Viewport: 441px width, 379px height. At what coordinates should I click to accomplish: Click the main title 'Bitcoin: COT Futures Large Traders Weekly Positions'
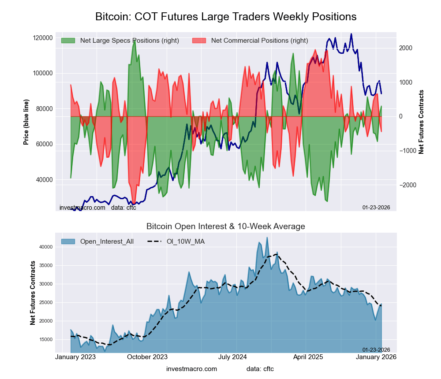coord(226,17)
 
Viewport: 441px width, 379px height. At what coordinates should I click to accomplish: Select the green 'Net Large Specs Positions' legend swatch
coord(68,41)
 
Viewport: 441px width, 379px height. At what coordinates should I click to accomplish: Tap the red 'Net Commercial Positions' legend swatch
coord(199,41)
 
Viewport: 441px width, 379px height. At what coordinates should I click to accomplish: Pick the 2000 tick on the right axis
coord(407,48)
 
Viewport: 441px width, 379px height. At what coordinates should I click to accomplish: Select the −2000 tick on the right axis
coord(408,185)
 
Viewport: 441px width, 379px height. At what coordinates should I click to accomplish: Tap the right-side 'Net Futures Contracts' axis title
coord(421,122)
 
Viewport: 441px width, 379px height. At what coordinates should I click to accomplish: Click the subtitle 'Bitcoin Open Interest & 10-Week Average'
coord(226,227)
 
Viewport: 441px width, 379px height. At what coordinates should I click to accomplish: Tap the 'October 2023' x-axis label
coord(147,357)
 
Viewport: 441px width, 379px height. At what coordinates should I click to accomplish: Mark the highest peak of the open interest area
coord(267,238)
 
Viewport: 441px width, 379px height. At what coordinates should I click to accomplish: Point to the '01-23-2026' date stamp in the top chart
coord(376,208)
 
